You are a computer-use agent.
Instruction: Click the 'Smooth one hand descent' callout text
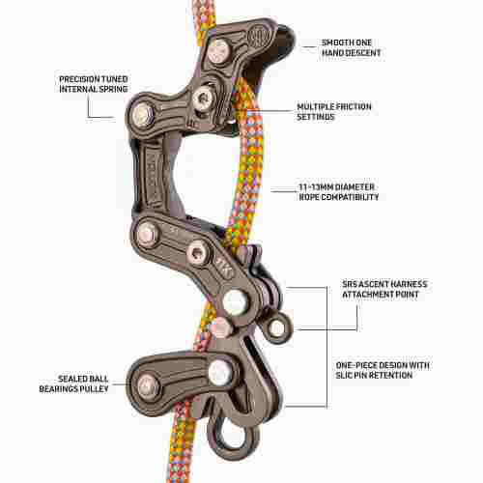pos(352,47)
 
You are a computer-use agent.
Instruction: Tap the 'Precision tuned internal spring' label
pos(94,84)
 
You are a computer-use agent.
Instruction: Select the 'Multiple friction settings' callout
pos(334,112)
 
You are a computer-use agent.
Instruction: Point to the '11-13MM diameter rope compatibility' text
pos(339,192)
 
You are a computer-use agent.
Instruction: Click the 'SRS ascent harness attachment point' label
pos(384,289)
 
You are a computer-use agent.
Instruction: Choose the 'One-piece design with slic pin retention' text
pos(383,370)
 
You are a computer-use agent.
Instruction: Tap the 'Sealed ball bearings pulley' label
pos(73,384)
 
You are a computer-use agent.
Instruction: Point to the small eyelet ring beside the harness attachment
pos(277,327)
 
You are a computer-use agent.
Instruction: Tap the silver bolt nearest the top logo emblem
pos(219,51)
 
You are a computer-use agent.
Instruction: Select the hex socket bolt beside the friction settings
pos(204,99)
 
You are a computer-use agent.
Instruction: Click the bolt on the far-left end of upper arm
pos(142,114)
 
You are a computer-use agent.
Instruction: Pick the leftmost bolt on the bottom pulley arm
pos(148,385)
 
